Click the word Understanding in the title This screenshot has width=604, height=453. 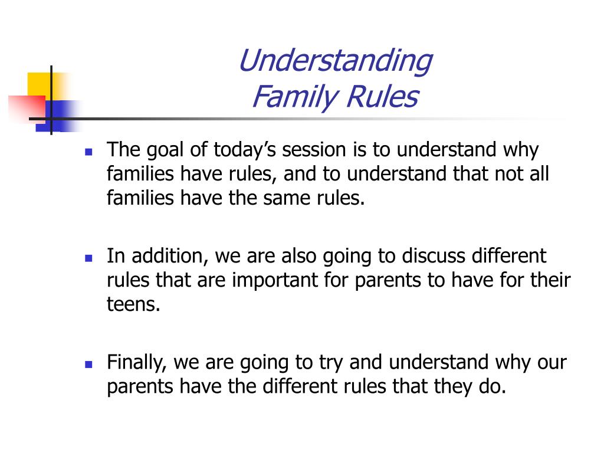[336, 61]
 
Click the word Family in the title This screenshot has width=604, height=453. [295, 97]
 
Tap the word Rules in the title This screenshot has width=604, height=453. [382, 96]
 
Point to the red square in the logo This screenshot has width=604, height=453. [27, 109]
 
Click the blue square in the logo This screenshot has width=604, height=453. [57, 116]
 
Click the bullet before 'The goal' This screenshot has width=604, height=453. [88, 152]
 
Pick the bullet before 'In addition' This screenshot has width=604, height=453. [88, 258]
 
